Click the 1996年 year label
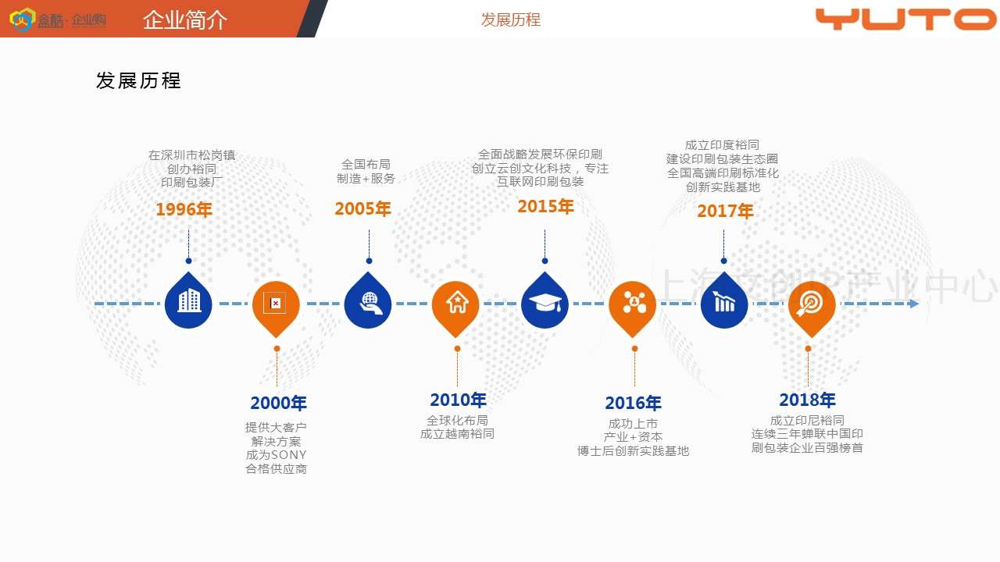click(x=184, y=209)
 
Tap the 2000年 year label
click(x=279, y=403)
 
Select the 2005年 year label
click(x=362, y=208)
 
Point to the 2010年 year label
click(x=458, y=400)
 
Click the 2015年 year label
click(x=545, y=206)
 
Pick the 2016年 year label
click(x=633, y=403)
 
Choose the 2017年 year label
click(x=725, y=211)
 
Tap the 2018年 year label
click(x=807, y=400)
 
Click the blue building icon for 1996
click(x=188, y=301)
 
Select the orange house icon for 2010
click(x=456, y=302)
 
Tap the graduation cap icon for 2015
click(x=545, y=302)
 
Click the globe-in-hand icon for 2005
click(x=368, y=302)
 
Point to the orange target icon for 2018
click(x=811, y=303)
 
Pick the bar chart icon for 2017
click(x=724, y=302)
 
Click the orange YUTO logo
click(x=905, y=19)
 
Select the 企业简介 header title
click(x=185, y=20)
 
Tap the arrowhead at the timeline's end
click(x=914, y=303)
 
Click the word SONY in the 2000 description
click(x=289, y=455)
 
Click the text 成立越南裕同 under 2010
click(x=457, y=434)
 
